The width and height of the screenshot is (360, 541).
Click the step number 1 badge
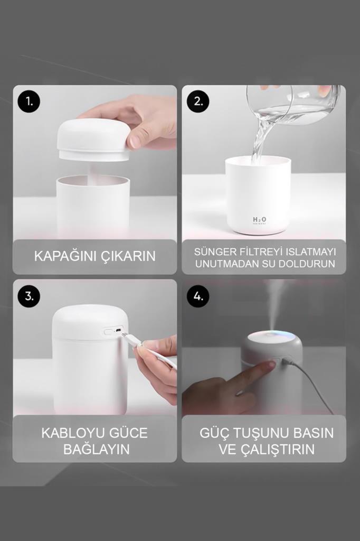[x=29, y=101]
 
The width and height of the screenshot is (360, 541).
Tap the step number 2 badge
[x=198, y=101]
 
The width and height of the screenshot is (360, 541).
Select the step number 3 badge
[x=29, y=296]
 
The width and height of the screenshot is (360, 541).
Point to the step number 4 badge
[x=198, y=296]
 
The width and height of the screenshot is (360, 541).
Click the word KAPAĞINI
[x=65, y=256]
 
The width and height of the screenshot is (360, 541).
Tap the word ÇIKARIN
[x=128, y=256]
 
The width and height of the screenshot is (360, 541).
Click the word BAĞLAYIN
[x=96, y=449]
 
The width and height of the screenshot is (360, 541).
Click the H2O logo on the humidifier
[x=259, y=220]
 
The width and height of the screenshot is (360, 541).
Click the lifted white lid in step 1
[x=94, y=139]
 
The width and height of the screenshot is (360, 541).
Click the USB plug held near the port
[x=131, y=340]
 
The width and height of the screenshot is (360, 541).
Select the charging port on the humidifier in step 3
[x=118, y=331]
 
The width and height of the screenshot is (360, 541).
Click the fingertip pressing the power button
[x=269, y=365]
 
